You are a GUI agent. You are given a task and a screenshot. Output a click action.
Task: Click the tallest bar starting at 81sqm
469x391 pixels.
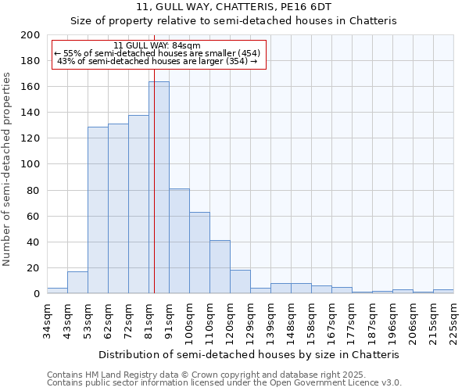tap(159, 188)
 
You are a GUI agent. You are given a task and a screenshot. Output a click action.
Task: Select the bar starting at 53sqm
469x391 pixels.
tap(98, 210)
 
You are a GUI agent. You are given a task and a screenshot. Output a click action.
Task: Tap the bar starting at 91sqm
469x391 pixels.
tap(179, 241)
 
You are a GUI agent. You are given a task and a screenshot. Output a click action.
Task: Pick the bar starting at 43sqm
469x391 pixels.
tap(77, 282)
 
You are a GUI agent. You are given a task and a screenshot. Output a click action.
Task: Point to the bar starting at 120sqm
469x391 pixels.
tap(240, 282)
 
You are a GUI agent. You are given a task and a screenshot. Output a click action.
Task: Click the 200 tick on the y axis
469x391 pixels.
tap(30, 35)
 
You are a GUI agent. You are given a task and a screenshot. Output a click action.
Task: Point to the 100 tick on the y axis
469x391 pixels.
tap(30, 164)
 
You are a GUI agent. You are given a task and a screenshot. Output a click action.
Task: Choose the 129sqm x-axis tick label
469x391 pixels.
tap(250, 321)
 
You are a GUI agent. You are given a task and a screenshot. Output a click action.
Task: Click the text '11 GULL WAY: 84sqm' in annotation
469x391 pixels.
tap(157, 45)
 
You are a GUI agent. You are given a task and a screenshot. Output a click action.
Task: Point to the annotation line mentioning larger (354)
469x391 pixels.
tap(157, 61)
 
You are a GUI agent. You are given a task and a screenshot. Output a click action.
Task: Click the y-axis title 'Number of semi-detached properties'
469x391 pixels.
tap(8, 168)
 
